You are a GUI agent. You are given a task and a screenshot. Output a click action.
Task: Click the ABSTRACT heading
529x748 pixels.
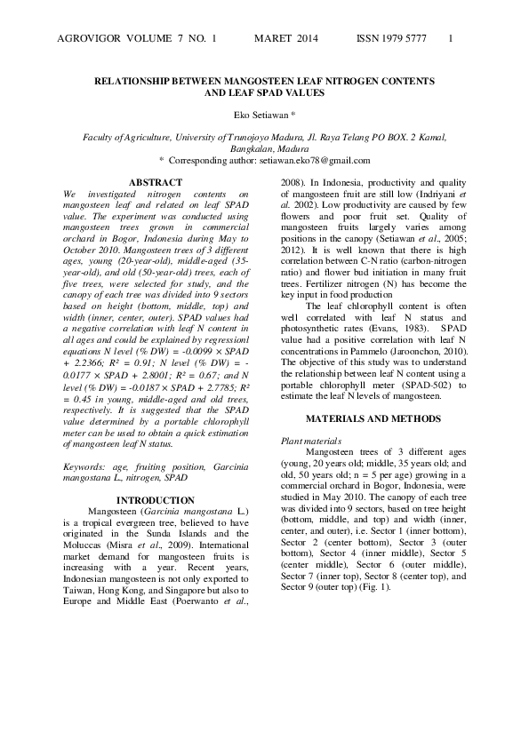(156, 182)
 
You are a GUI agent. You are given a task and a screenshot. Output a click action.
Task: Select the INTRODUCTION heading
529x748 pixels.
(156, 501)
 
